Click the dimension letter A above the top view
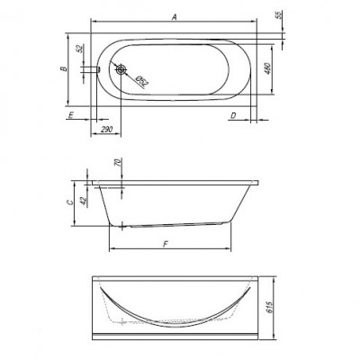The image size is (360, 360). tap(174, 17)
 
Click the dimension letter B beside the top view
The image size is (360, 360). tap(64, 69)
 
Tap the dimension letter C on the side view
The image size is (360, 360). tap(69, 202)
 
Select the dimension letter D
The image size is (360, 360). tap(233, 115)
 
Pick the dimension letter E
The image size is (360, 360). tap(71, 115)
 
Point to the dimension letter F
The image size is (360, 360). tap(166, 245)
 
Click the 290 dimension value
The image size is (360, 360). tap(106, 130)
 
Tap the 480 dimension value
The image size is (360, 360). tap(268, 69)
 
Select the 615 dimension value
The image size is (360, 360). tap(270, 308)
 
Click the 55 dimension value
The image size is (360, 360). tap(279, 15)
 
